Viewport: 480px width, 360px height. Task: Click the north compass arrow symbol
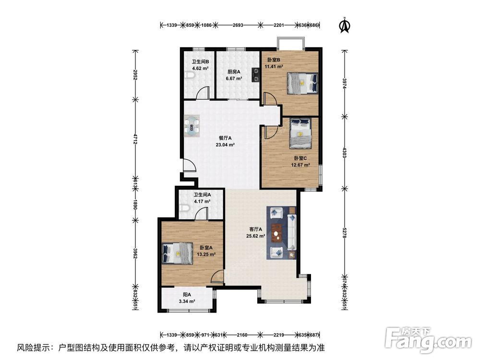tap(344, 26)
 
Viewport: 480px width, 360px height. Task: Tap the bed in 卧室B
tap(302, 83)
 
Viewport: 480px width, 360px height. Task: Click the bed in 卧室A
tap(178, 253)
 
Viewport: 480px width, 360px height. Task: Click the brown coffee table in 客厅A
tap(276, 234)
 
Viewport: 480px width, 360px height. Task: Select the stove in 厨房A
tap(254, 74)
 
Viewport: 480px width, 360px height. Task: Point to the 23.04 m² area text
tap(225, 144)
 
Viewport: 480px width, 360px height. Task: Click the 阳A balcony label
tap(187, 295)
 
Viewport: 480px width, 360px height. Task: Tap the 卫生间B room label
tap(200, 61)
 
